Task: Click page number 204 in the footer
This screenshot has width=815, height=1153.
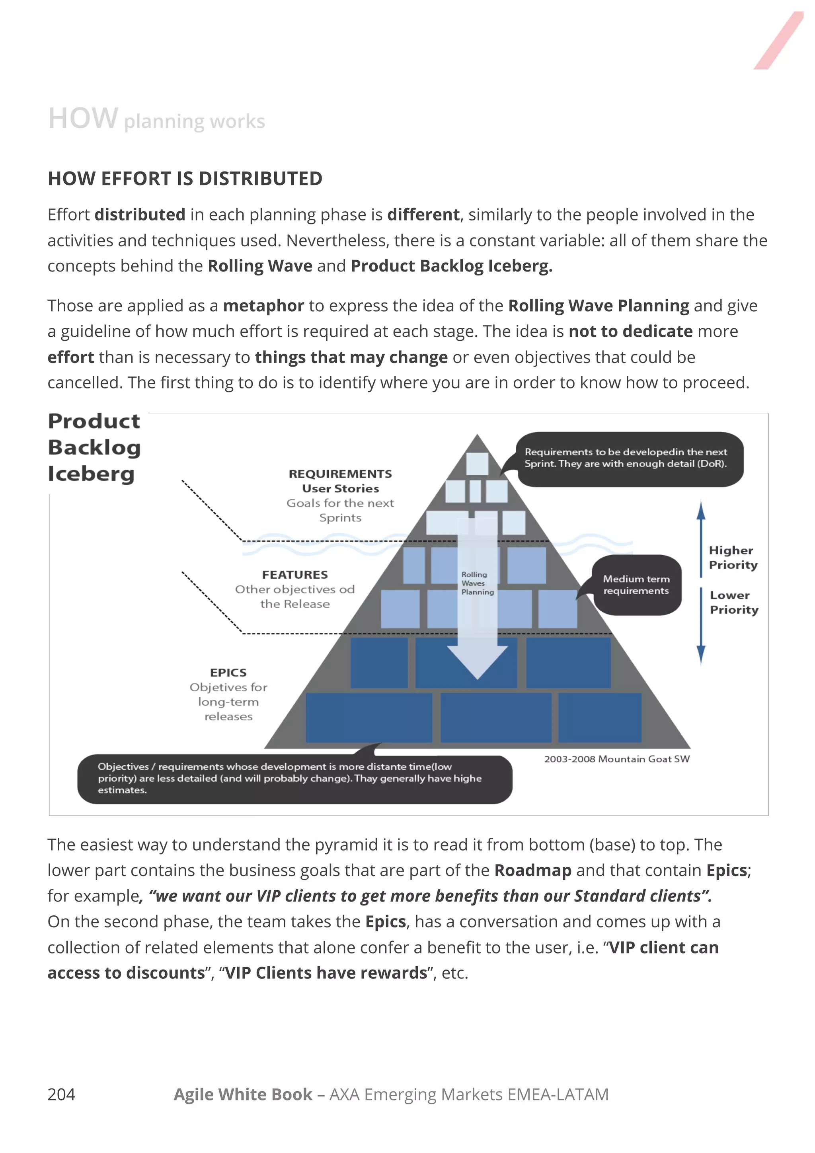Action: [x=61, y=1094]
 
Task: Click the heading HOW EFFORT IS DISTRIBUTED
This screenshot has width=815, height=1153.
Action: [x=185, y=179]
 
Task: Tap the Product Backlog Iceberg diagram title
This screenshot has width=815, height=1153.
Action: [x=94, y=447]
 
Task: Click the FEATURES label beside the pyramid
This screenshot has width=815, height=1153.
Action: [x=295, y=574]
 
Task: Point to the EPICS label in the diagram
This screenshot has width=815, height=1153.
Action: [x=228, y=672]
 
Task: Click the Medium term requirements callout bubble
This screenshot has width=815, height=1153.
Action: [x=636, y=585]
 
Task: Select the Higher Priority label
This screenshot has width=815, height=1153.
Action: [x=733, y=558]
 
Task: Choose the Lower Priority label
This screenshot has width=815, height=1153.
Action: [x=734, y=602]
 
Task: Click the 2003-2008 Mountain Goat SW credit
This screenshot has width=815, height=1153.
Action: [x=617, y=759]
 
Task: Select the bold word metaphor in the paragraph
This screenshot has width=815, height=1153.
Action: [x=263, y=306]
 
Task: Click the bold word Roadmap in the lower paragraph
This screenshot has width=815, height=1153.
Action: [x=533, y=870]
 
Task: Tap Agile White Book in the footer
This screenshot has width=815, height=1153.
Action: [x=243, y=1094]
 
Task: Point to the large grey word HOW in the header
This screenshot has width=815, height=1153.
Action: [x=83, y=119]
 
